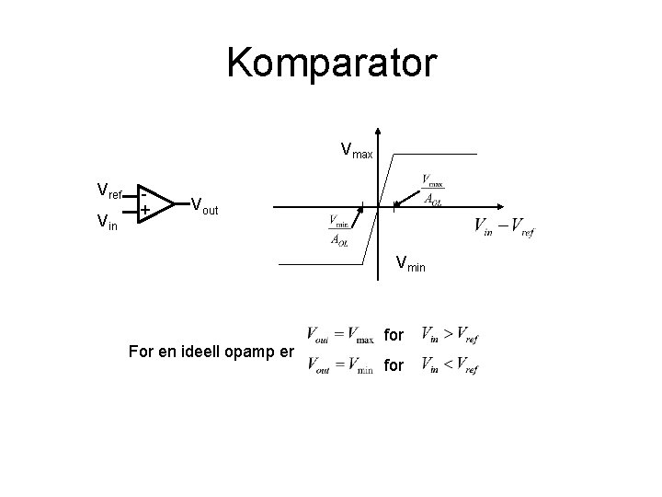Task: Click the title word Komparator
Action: point(331,64)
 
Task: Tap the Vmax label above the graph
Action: point(357,149)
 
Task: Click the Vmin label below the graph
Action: point(412,264)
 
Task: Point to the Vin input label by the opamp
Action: point(107,221)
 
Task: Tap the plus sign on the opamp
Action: point(145,212)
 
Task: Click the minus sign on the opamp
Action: point(144,193)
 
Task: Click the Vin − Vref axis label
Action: point(503,225)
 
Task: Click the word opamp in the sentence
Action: point(242,352)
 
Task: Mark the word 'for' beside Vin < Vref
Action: point(394,366)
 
